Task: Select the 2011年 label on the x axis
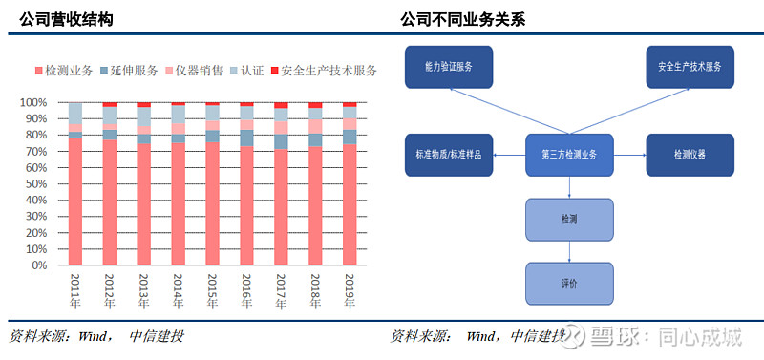point(76,291)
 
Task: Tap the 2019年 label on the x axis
point(350,291)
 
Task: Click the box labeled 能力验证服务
point(449,67)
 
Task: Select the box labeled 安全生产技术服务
point(690,67)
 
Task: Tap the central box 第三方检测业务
point(569,155)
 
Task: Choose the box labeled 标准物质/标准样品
point(449,155)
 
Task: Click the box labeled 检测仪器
point(690,155)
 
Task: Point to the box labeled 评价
point(569,284)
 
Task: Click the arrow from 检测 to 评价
point(569,252)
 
